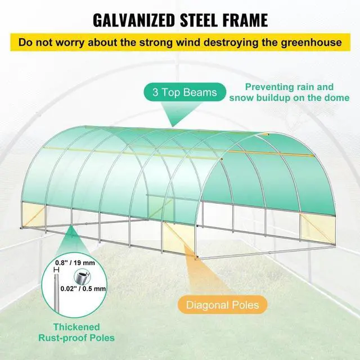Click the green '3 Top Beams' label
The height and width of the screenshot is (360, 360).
[x=185, y=92]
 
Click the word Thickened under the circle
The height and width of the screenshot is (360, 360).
[x=77, y=327]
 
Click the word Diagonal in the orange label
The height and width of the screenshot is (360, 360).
[x=204, y=305]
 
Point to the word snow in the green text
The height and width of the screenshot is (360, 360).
[x=242, y=98]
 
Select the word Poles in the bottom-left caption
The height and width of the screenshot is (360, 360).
[x=101, y=338]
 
